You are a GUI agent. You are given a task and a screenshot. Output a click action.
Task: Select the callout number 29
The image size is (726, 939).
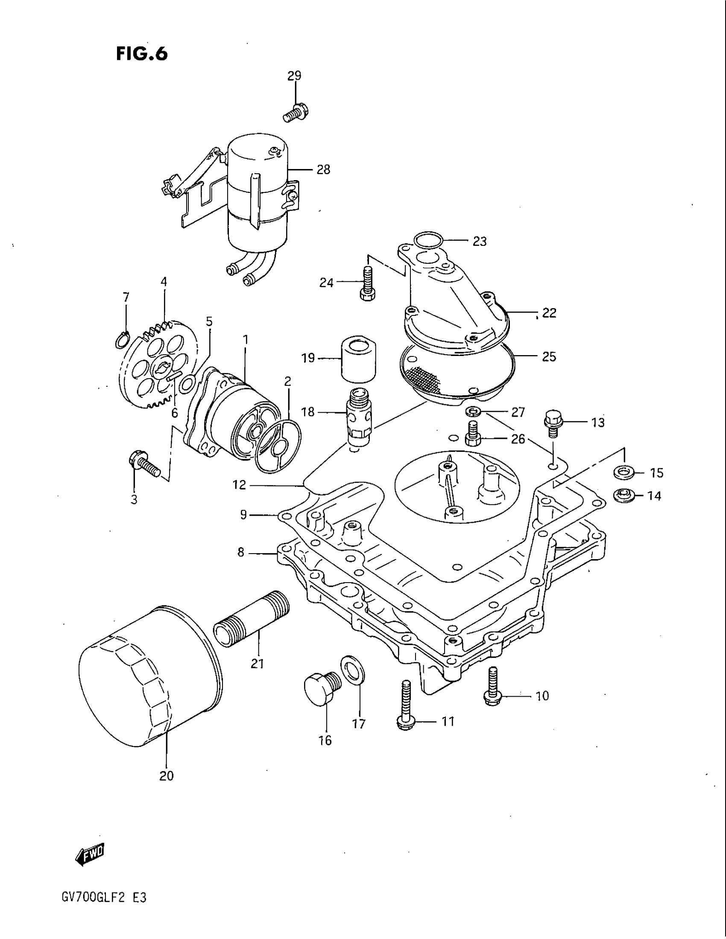[x=294, y=76]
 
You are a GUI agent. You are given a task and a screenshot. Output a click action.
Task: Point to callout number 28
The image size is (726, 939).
[x=323, y=170]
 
